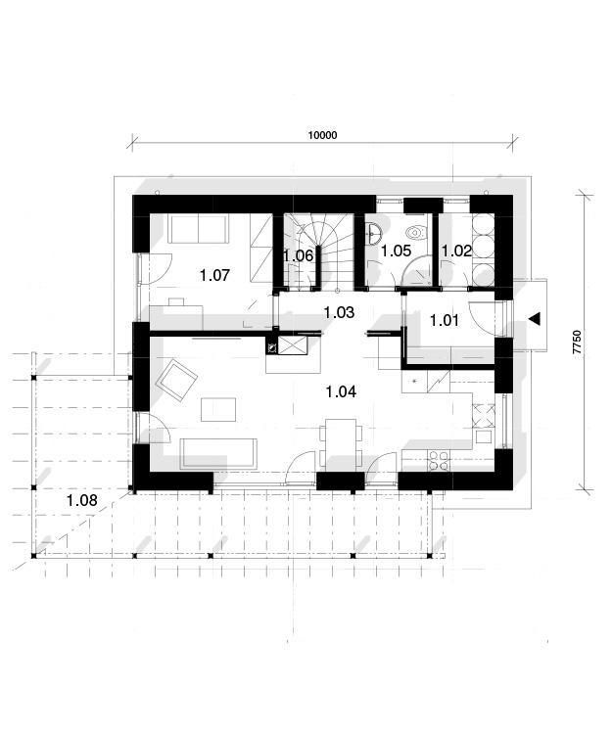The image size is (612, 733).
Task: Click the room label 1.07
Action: pos(214,275)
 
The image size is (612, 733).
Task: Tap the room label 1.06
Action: pos(298,255)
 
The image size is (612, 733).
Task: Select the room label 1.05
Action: pos(396,251)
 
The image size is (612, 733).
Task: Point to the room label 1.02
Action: pos(456,251)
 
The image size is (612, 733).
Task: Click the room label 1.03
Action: pos(339,312)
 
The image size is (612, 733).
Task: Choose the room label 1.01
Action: pos(444,320)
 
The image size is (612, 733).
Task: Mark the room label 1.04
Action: pos(341,391)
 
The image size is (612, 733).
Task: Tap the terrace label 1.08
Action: pos(82,500)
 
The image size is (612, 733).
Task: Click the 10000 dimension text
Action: pos(322,135)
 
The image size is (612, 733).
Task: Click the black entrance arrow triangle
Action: pos(535,319)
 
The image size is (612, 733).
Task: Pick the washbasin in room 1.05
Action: pos(374,232)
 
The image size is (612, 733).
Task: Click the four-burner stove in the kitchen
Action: pos(438,461)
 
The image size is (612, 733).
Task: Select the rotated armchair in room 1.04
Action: pos(176,380)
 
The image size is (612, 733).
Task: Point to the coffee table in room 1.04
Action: pos(218,409)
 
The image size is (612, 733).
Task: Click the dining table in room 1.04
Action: pos(341,443)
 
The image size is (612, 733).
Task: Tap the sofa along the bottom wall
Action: pos(219,453)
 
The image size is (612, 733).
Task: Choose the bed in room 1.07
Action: pos(199,229)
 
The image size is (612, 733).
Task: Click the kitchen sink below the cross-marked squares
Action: pos(484,436)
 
